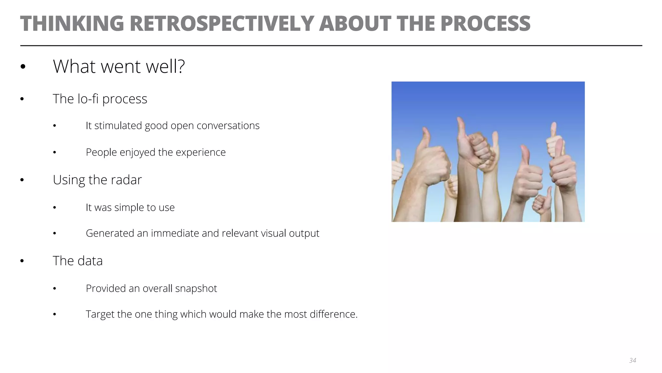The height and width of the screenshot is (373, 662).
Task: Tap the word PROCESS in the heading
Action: pos(485,23)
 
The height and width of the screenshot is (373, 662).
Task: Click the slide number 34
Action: pos(633,360)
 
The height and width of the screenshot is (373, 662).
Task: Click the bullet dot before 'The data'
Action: pos(22,261)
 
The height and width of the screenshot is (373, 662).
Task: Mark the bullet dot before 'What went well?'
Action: pos(23,67)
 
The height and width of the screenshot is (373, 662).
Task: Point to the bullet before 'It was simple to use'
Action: pos(55,208)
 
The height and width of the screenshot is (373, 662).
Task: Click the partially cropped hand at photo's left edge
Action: pos(397,168)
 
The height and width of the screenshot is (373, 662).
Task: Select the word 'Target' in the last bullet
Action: pos(100,314)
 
